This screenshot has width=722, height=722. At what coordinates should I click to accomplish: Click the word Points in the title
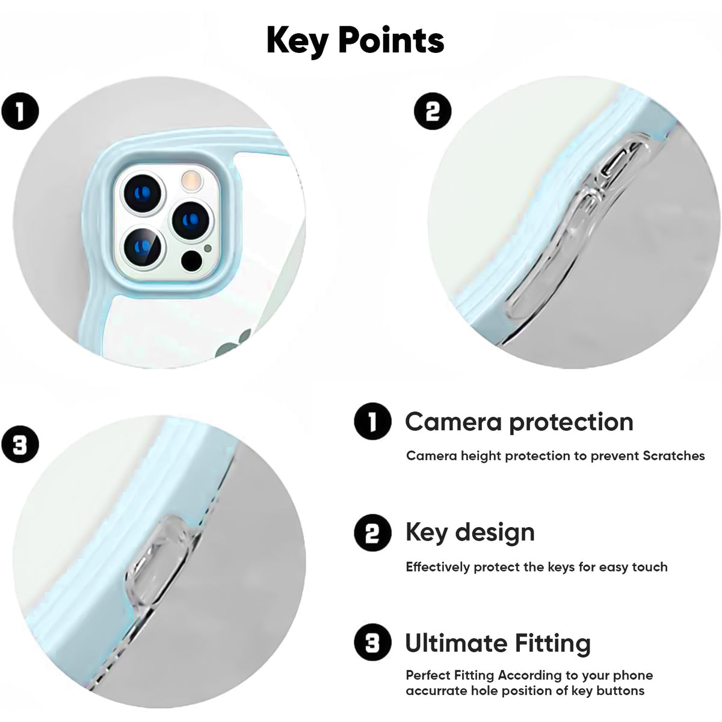(x=391, y=40)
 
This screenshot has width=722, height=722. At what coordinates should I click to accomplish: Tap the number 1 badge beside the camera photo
(x=20, y=111)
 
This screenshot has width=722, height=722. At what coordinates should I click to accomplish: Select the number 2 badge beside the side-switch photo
(x=433, y=111)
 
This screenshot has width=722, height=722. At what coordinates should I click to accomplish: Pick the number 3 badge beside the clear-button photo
(x=20, y=445)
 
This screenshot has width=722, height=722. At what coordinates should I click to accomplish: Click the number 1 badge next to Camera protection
(x=372, y=422)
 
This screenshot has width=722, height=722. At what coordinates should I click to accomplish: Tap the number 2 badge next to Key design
(x=372, y=533)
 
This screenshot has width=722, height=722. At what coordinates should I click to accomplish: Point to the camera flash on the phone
(x=191, y=180)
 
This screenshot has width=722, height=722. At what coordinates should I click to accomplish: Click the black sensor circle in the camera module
(x=191, y=261)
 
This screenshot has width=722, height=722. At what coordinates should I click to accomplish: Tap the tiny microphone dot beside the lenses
(x=208, y=248)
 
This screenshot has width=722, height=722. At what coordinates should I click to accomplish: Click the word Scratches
(x=674, y=456)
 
